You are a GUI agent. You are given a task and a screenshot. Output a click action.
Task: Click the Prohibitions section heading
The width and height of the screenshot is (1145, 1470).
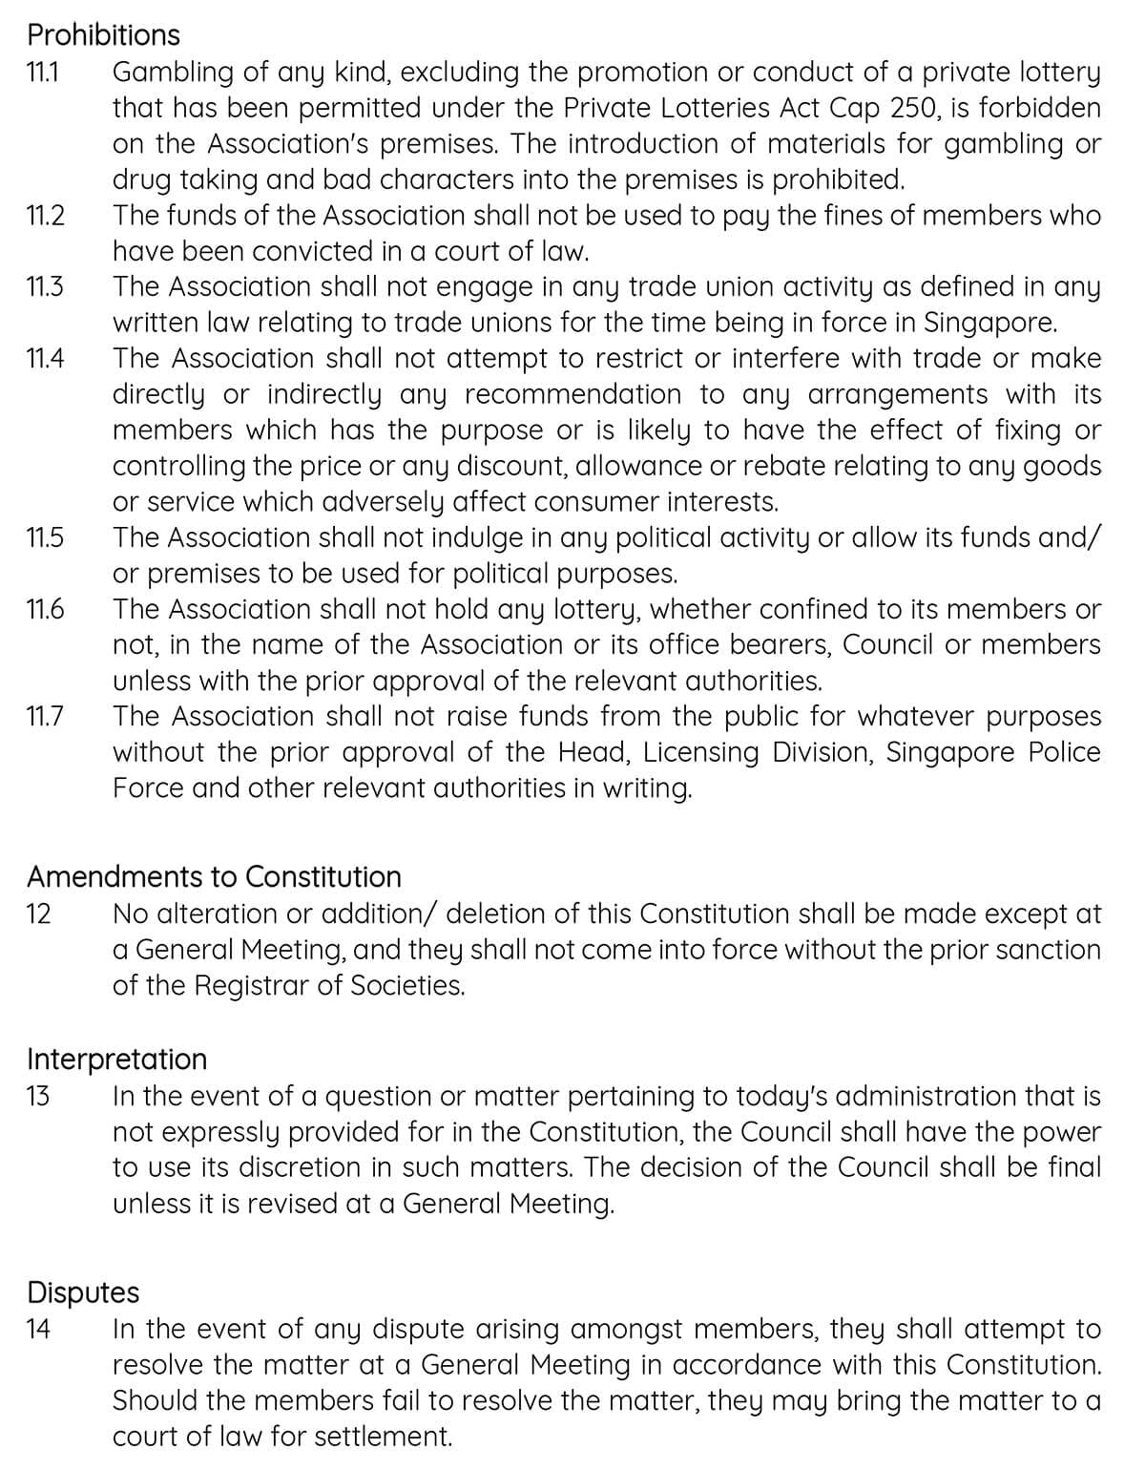click(103, 35)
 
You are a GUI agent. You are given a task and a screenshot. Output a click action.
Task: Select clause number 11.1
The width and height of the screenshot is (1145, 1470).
click(43, 73)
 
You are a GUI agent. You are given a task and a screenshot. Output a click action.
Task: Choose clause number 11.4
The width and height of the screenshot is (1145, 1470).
click(45, 359)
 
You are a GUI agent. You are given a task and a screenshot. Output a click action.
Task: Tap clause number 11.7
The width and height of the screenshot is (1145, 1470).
click(45, 717)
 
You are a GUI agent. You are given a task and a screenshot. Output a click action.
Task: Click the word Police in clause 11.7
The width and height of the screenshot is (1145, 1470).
click(1064, 753)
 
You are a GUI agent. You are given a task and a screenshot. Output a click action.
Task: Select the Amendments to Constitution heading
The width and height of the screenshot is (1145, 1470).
click(214, 877)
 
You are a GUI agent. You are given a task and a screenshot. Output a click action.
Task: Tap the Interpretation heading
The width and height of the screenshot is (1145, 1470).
click(116, 1060)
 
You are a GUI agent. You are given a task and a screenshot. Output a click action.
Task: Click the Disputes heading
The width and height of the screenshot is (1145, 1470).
click(83, 1292)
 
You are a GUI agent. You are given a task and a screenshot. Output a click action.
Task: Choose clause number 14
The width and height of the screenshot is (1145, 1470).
click(39, 1330)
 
